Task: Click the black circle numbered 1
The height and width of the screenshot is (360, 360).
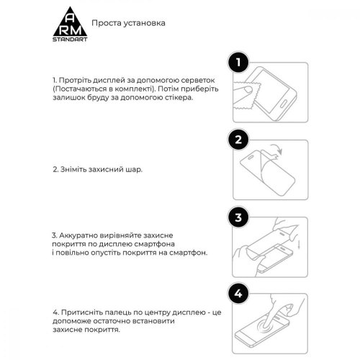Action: click(238, 63)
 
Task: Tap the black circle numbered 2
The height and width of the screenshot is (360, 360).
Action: click(238, 140)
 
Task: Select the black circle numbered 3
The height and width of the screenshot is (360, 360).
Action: click(238, 217)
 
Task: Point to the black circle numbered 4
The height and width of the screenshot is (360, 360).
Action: click(238, 294)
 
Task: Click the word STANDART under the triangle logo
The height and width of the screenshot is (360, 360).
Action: click(70, 40)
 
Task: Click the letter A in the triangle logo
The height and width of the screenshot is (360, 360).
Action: click(70, 19)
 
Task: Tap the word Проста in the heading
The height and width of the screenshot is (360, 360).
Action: click(107, 23)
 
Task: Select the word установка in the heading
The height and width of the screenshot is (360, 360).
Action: click(145, 24)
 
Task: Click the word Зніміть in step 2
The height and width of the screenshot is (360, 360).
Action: click(73, 169)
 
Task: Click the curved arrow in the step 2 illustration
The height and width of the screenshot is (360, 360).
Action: click(276, 150)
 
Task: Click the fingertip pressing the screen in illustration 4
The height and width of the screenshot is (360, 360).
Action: click(266, 325)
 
